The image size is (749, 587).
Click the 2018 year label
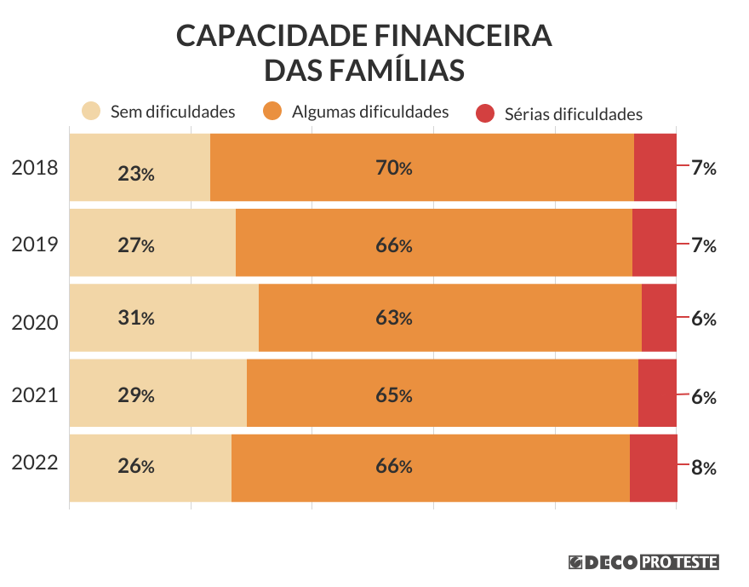(x=35, y=168)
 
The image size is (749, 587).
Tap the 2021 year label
(x=35, y=395)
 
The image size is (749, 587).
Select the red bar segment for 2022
(x=653, y=468)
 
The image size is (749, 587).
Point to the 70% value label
(x=394, y=168)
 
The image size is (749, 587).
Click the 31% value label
(x=136, y=319)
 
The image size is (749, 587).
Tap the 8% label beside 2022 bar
(x=704, y=468)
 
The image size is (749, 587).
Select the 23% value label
(x=136, y=174)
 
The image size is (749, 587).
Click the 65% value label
(x=394, y=395)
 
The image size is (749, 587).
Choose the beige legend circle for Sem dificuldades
(x=91, y=112)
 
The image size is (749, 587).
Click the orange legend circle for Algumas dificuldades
(x=272, y=112)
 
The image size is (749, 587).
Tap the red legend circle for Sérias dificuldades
(x=485, y=113)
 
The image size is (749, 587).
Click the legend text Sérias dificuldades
(x=573, y=114)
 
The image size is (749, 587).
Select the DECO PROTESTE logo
(x=644, y=561)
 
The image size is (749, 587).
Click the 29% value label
(x=136, y=395)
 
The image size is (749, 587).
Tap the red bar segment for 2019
(x=654, y=243)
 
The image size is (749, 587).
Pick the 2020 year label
(x=35, y=323)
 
